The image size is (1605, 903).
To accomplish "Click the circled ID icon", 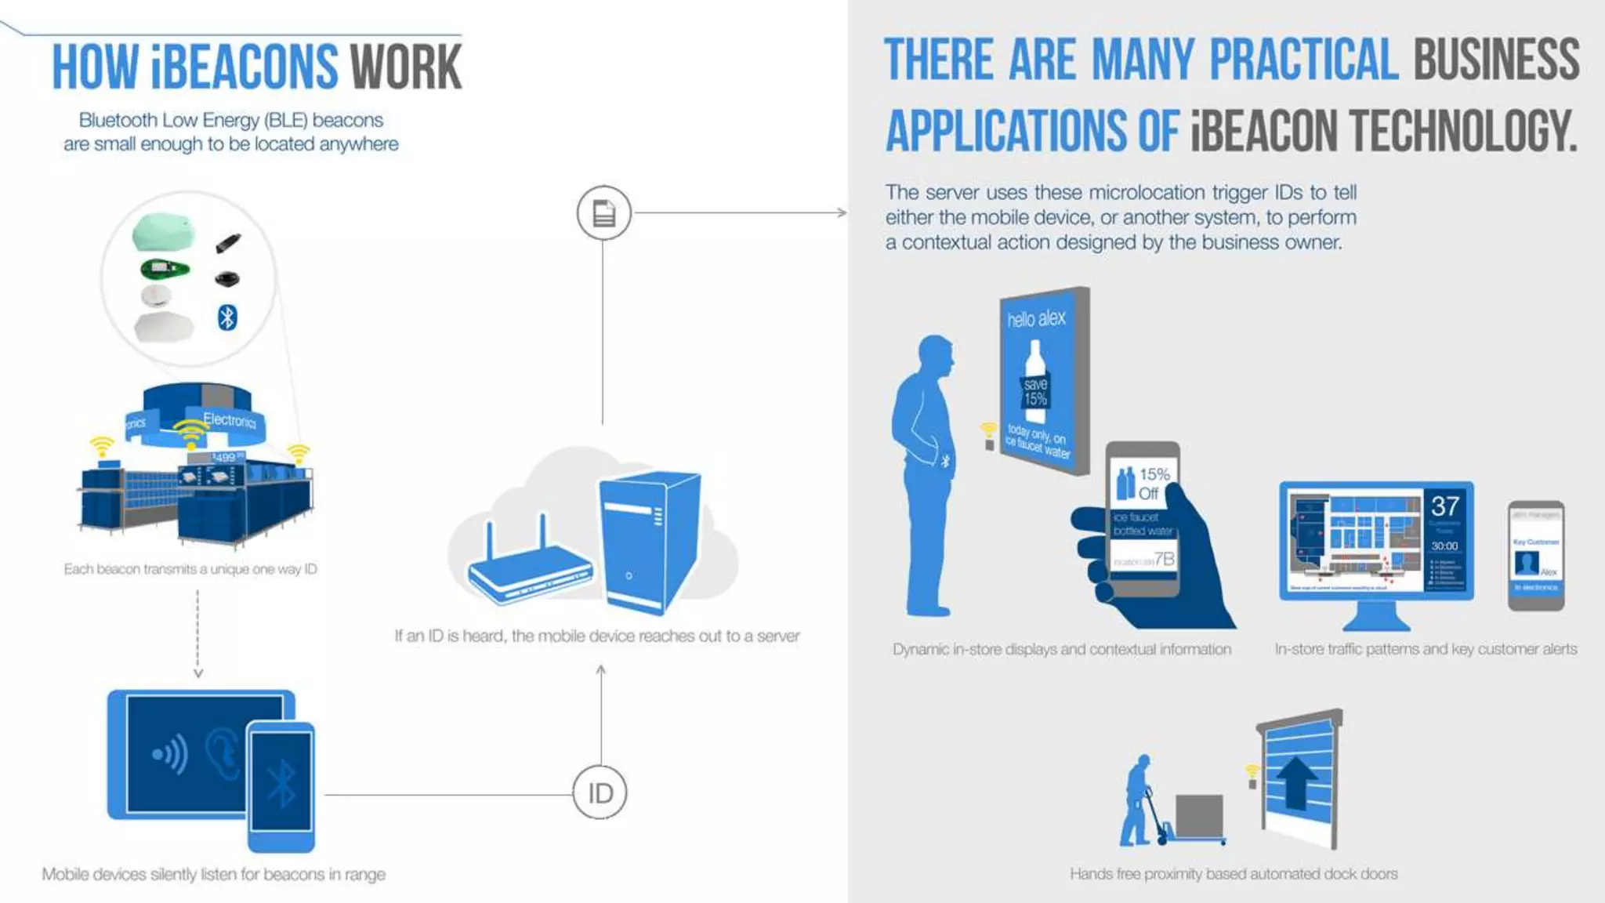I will coord(600,792).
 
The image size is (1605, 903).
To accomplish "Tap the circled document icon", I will coord(603,212).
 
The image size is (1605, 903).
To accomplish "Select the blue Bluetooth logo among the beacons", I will coord(227,317).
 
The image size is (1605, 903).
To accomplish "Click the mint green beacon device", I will coord(164,231).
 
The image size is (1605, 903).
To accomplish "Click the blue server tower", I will coord(649,541).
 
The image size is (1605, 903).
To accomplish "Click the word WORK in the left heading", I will coord(406,67).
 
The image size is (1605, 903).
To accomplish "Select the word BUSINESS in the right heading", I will coord(1496,60).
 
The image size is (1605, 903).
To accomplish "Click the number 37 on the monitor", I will coord(1445,506).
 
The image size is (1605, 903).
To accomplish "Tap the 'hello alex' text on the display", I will coord(1036,318).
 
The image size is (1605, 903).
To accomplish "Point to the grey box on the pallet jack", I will coord(1199,815).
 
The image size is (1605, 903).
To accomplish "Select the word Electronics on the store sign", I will coord(230,420).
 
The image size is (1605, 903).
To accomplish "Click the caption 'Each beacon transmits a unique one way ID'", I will coord(190,569).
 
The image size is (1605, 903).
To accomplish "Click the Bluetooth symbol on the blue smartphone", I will coord(281,784).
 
